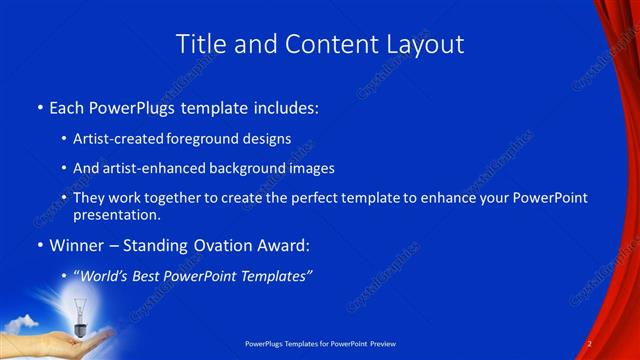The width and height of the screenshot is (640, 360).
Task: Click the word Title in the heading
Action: (200, 44)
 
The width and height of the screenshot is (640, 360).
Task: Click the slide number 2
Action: (589, 344)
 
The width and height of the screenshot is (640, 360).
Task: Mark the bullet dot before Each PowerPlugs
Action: (39, 107)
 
